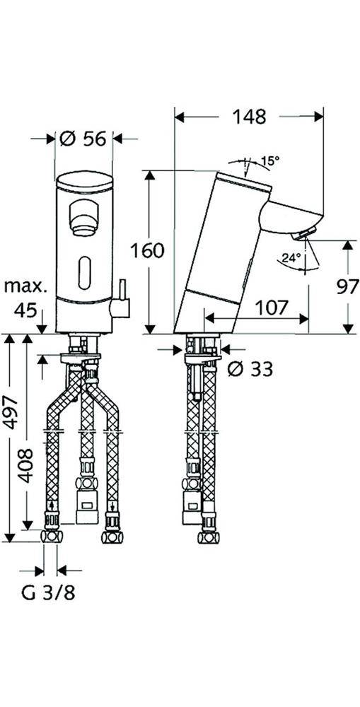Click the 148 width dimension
249,117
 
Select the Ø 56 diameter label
83,139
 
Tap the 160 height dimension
147,251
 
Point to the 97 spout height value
347,286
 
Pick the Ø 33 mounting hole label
250,369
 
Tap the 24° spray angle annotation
291,258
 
